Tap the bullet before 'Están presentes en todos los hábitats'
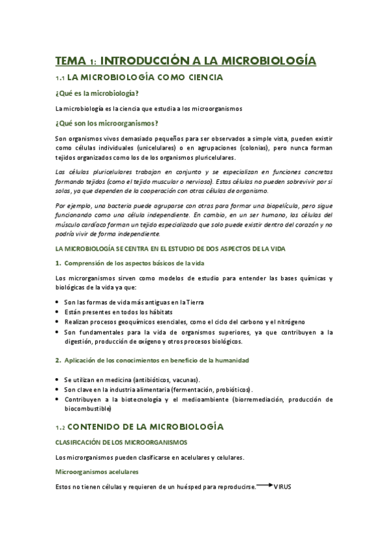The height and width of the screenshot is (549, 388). (58, 312)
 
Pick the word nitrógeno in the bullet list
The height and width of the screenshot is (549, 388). (287, 322)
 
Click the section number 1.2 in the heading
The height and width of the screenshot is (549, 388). (62, 427)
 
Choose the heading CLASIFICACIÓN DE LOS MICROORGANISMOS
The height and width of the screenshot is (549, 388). (122, 442)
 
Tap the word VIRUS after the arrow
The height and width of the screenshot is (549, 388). (283, 486)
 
